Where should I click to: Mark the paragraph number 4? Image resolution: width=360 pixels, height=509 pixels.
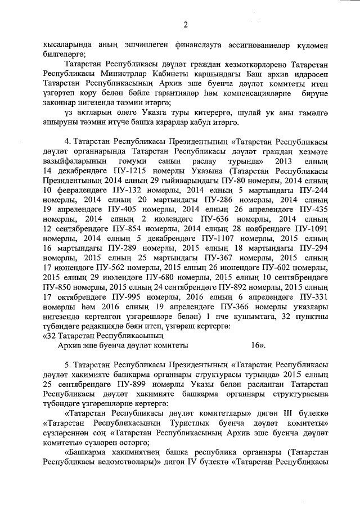coord(69,142)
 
